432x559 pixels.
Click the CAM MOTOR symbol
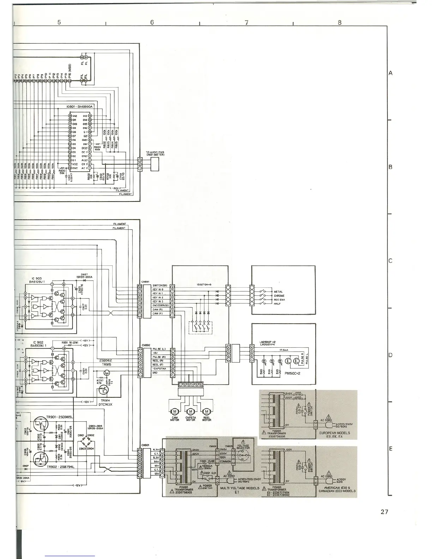click(x=174, y=411)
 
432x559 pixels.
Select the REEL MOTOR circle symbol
click(x=207, y=411)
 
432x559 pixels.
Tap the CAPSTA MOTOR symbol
click(x=191, y=411)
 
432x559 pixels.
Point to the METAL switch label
click(x=278, y=292)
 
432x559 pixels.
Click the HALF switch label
click(x=277, y=303)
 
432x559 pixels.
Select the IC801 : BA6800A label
click(x=79, y=106)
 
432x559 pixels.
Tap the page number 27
click(x=384, y=512)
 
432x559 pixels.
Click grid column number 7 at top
click(x=246, y=22)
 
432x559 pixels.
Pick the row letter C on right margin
click(x=390, y=261)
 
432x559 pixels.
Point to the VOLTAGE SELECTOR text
click(x=243, y=447)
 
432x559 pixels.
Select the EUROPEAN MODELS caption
click(x=334, y=433)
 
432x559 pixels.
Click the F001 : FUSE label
click(x=207, y=461)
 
